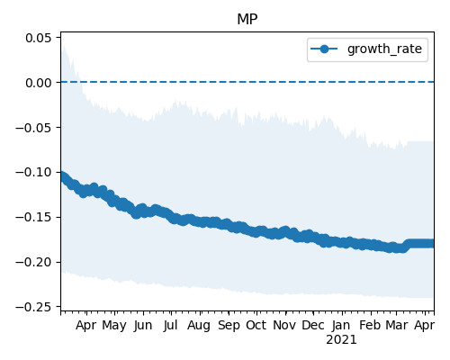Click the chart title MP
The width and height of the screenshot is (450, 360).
coord(247,20)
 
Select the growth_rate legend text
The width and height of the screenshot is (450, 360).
coord(384,49)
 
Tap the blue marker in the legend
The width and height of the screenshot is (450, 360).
coord(324,49)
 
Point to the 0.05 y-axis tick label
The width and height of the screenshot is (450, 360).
coord(39,38)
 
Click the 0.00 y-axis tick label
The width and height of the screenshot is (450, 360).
coord(39,83)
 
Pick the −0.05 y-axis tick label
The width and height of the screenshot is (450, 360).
coord(33,128)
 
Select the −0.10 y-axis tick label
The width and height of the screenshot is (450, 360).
coord(33,173)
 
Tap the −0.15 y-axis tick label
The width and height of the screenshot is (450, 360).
coord(33,218)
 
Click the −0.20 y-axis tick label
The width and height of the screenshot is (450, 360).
coord(33,262)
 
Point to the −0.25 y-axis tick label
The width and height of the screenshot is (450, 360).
coord(33,307)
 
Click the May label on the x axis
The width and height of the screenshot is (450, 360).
coord(114,326)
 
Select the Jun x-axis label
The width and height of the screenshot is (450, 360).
coord(143,326)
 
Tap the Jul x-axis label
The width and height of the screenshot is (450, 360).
coord(170,326)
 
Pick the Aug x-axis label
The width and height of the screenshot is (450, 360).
coord(199,326)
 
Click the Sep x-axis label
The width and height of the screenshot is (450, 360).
coord(229,326)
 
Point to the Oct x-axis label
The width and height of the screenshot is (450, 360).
coord(256,326)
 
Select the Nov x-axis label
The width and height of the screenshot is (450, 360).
coord(284,326)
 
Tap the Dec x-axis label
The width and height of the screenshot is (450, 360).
coord(313,326)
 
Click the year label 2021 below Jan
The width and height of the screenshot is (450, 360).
coord(341,340)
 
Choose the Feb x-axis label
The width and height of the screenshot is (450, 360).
coord(370,326)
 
